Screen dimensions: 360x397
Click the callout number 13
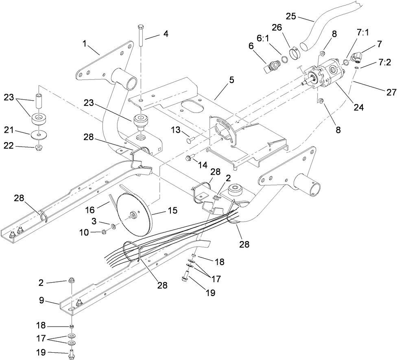click(x=175, y=131)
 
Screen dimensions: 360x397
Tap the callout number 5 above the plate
click(x=231, y=80)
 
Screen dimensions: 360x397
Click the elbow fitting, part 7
click(x=358, y=57)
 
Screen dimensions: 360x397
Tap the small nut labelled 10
click(x=105, y=232)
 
